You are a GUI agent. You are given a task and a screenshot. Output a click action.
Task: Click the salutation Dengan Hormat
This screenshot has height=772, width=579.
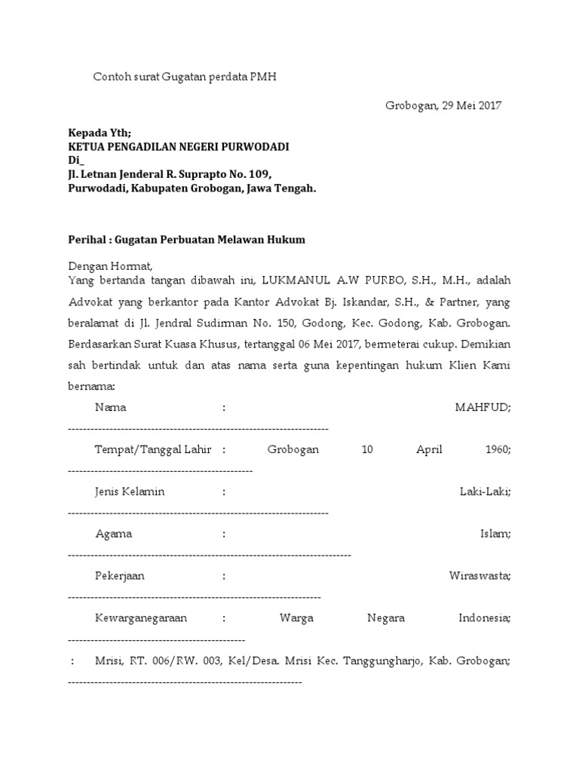110,265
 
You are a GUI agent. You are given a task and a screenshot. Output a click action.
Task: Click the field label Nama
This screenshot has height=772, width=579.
110,407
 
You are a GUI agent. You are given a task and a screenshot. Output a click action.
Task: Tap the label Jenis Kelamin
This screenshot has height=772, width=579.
130,492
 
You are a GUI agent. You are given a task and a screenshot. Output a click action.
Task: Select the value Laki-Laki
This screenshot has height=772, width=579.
486,492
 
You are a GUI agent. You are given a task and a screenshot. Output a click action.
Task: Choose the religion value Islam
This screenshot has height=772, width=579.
496,534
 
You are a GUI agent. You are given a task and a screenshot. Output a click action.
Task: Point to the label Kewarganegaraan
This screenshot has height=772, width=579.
141,618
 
